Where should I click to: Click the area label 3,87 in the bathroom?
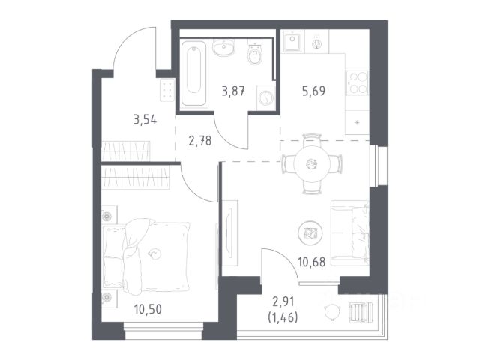(x=233, y=91)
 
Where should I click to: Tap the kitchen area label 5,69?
(x=313, y=91)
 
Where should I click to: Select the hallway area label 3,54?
(x=145, y=120)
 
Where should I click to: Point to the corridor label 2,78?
(x=200, y=141)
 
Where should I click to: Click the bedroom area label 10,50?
(x=148, y=309)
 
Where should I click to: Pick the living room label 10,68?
(x=312, y=262)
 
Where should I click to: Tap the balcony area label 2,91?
(x=283, y=301)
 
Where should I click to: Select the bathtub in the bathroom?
(x=193, y=73)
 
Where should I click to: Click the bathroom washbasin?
(x=224, y=48)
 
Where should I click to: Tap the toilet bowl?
(x=255, y=52)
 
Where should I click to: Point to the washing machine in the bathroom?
(x=266, y=98)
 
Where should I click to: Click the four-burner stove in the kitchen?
(x=358, y=82)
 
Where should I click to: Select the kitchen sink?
(x=292, y=41)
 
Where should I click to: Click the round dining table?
(x=312, y=163)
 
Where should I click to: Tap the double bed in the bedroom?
(x=146, y=256)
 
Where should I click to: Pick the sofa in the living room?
(x=350, y=233)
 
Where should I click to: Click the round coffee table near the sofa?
(x=310, y=233)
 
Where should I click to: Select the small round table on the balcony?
(x=332, y=312)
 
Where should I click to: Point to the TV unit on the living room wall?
(x=230, y=233)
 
